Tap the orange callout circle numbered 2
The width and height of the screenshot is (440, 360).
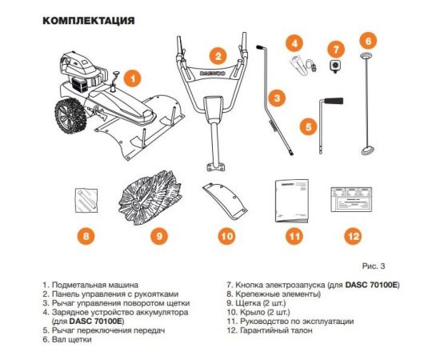pyautogui.click(x=217, y=56)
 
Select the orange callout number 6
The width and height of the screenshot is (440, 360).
pyautogui.click(x=368, y=39)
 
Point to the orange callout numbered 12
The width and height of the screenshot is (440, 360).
pyautogui.click(x=352, y=236)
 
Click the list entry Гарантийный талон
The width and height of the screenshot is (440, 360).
pyautogui.click(x=270, y=340)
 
